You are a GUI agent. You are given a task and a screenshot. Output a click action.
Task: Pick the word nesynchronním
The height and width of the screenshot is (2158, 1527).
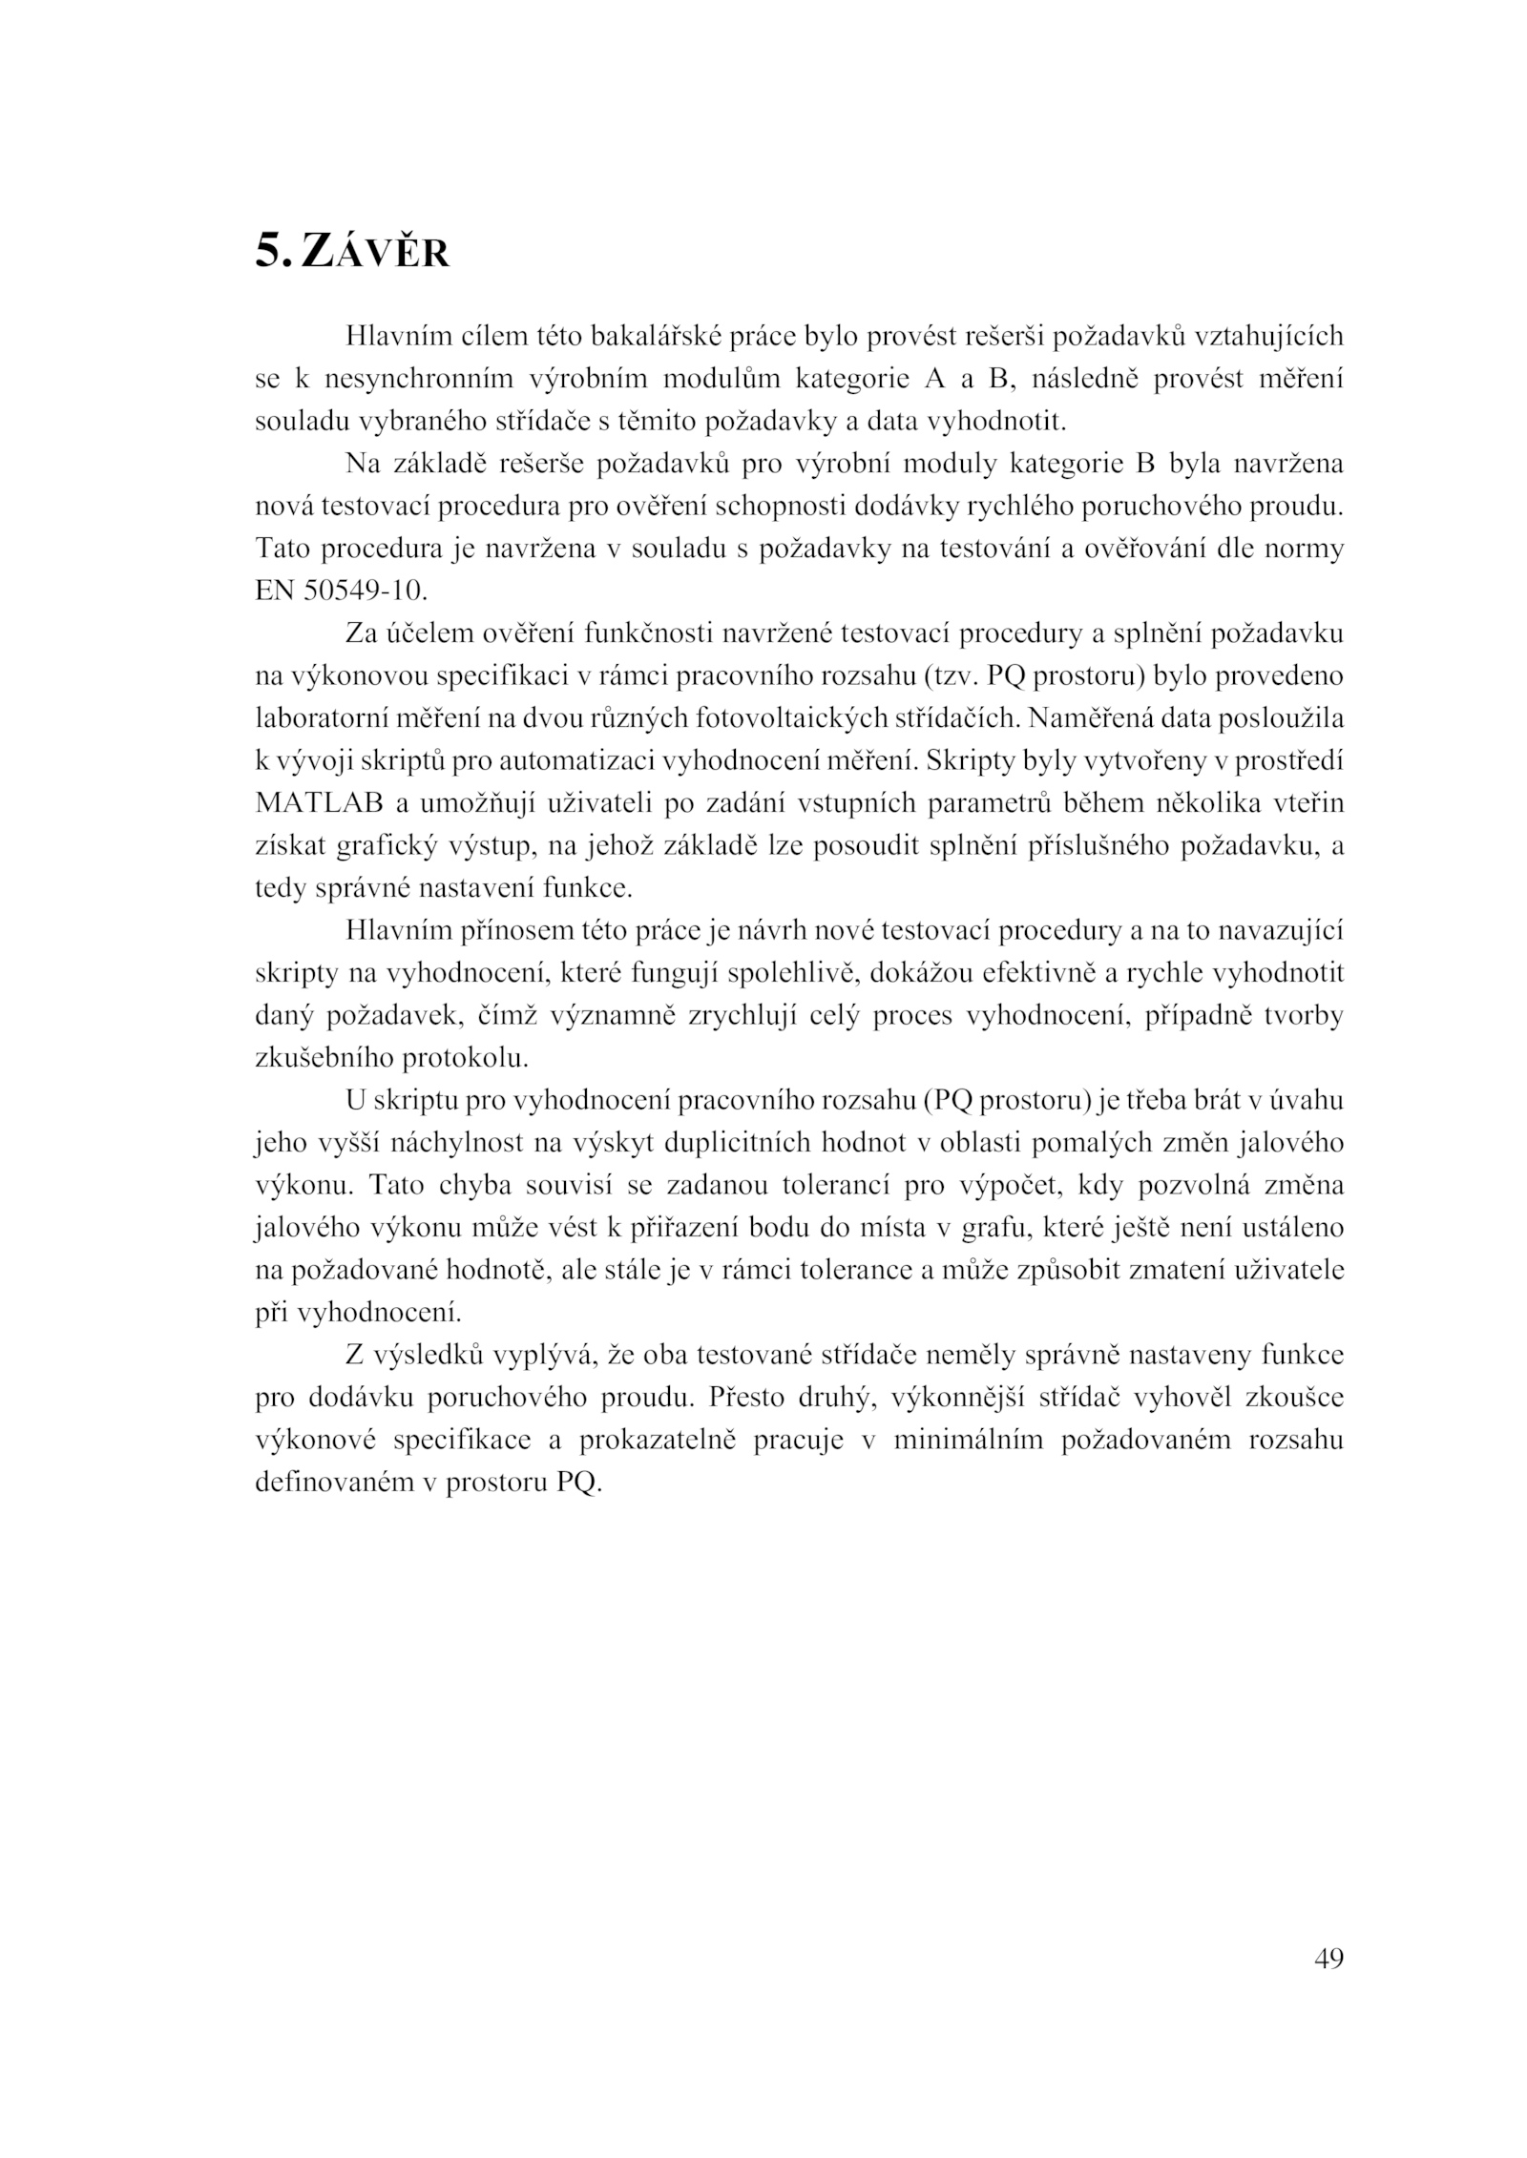[421, 380]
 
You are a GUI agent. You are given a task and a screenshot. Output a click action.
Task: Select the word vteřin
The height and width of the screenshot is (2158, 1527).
[1307, 803]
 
